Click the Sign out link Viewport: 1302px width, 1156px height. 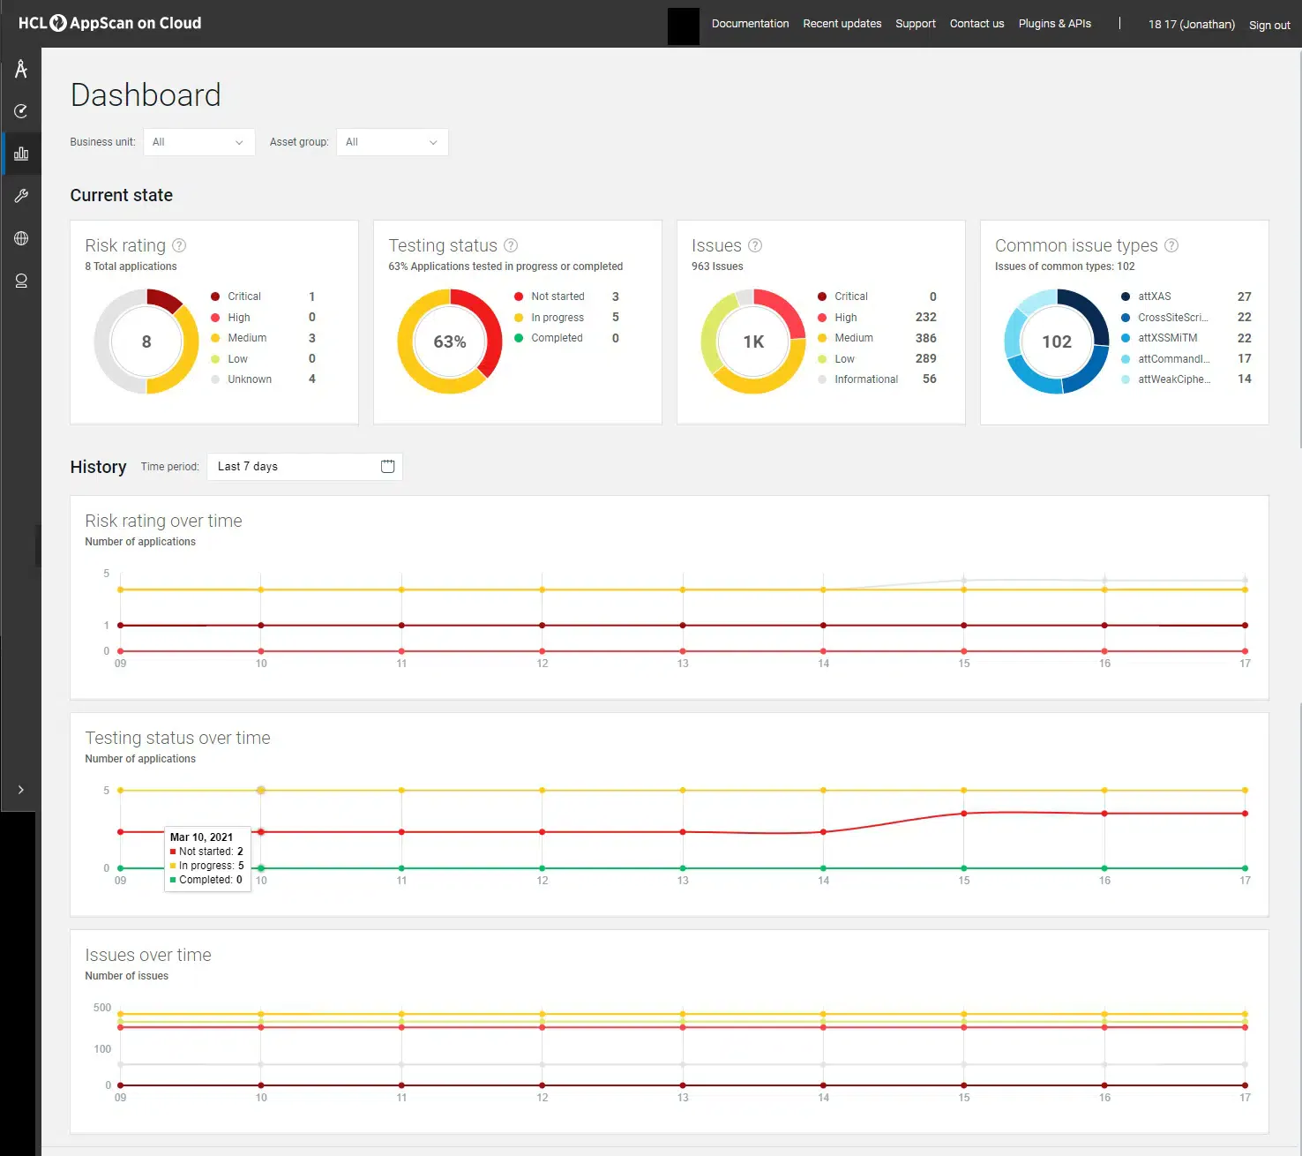pyautogui.click(x=1268, y=25)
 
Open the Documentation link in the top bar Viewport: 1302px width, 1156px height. pyautogui.click(x=750, y=24)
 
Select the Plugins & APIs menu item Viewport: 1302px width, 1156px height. pyautogui.click(x=1054, y=24)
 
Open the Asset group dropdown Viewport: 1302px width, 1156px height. pyautogui.click(x=392, y=142)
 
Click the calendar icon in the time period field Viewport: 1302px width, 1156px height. pyautogui.click(x=387, y=466)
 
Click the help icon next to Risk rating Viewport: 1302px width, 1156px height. pyautogui.click(x=179, y=245)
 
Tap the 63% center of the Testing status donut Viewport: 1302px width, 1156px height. pyautogui.click(x=449, y=342)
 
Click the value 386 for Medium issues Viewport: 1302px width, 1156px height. pyautogui.click(x=925, y=338)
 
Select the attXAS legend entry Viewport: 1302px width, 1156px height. pyautogui.click(x=1154, y=297)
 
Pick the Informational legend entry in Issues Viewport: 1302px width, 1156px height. pyautogui.click(x=865, y=379)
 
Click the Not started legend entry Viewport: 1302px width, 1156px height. pyautogui.click(x=557, y=297)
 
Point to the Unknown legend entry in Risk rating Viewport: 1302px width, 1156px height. pyautogui.click(x=249, y=379)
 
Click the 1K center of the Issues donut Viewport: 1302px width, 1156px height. pyautogui.click(x=753, y=342)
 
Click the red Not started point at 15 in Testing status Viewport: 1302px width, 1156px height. pyautogui.click(x=963, y=814)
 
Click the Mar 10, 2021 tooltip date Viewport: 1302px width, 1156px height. pyautogui.click(x=201, y=837)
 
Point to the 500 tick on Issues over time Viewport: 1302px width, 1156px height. pyautogui.click(x=102, y=1008)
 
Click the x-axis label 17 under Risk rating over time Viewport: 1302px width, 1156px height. pyautogui.click(x=1245, y=664)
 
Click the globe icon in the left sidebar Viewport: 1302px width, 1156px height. pyautogui.click(x=21, y=238)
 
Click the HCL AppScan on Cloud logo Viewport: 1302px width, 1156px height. pyautogui.click(x=110, y=23)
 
